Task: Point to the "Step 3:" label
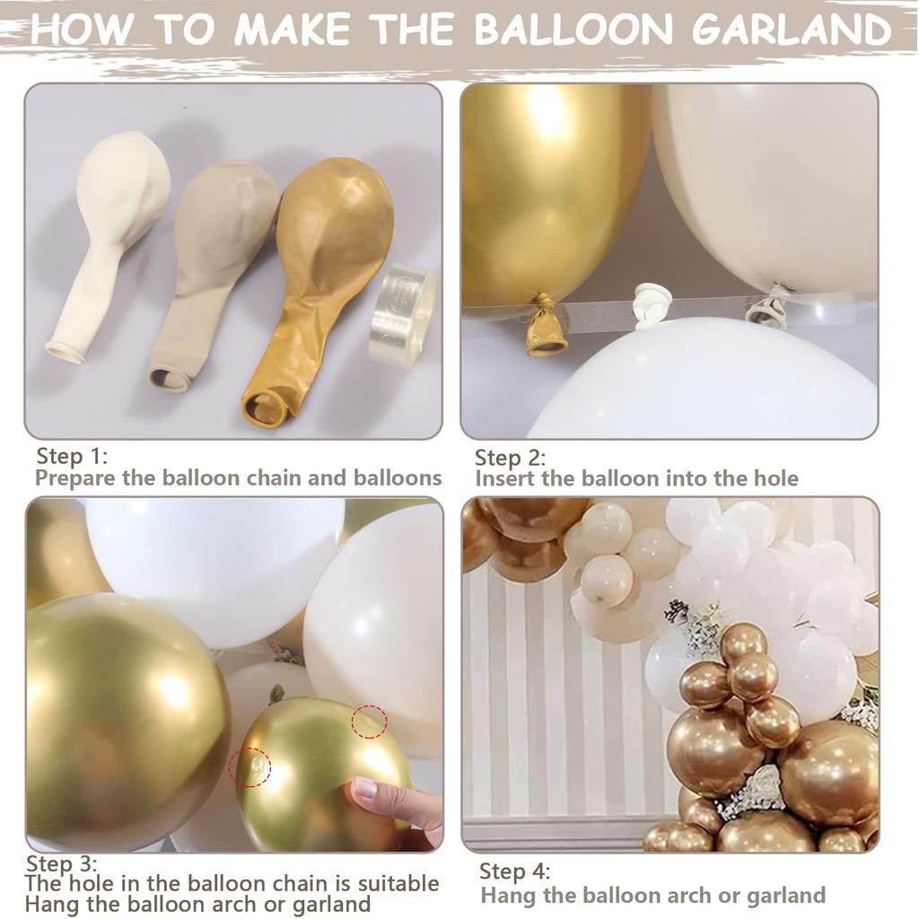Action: [61, 864]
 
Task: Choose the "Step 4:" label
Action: [515, 871]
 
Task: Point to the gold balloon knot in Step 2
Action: [546, 327]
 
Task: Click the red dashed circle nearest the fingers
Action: [369, 722]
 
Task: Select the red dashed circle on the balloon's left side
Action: [249, 767]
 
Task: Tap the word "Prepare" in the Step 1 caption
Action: [74, 477]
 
